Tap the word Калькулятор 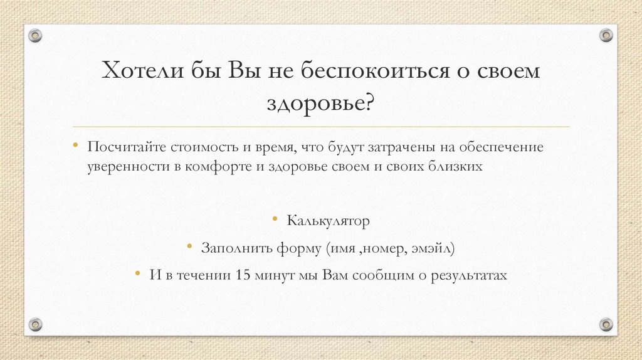(329, 221)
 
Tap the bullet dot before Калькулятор (275, 218)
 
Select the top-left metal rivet (35, 35)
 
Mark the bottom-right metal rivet (606, 324)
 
